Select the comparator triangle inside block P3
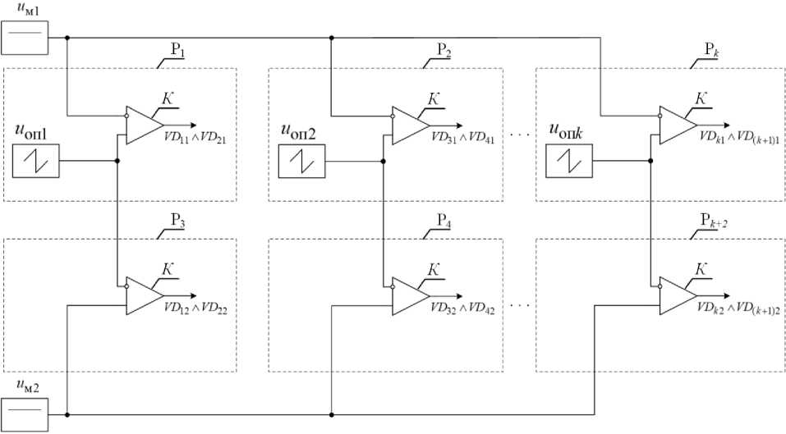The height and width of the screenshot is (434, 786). click(141, 295)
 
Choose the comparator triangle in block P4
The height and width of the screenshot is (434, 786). click(408, 295)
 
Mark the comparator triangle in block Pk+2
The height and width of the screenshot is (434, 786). click(675, 295)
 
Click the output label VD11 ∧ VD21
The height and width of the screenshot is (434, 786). click(195, 139)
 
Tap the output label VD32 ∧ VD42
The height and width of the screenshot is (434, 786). click(462, 309)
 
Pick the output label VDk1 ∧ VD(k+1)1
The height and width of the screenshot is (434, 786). click(738, 139)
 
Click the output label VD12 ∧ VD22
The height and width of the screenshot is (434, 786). click(195, 309)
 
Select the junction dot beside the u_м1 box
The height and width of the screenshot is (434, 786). click(67, 38)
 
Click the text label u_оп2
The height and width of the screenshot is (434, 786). click(304, 130)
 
